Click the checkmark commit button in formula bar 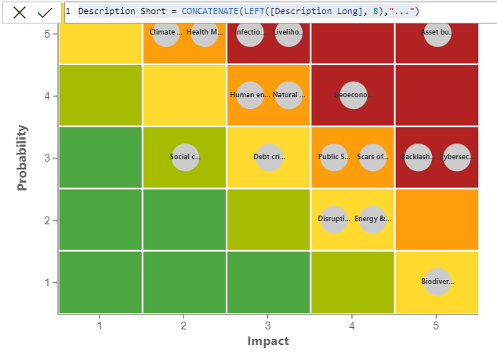click(45, 12)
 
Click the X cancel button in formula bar click(19, 12)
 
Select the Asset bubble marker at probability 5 click(437, 33)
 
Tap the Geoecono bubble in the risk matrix click(353, 95)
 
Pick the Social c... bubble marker click(185, 157)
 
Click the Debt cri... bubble click(269, 157)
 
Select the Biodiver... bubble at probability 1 click(437, 282)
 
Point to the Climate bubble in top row click(165, 33)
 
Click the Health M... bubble click(205, 33)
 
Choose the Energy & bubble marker click(372, 220)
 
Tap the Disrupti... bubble click(334, 220)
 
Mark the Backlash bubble click(418, 157)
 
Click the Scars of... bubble click(372, 157)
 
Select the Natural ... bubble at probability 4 click(288, 95)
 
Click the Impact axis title click(268, 341)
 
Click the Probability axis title click(23, 158)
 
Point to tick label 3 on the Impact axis click(268, 324)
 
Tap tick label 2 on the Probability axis click(48, 220)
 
